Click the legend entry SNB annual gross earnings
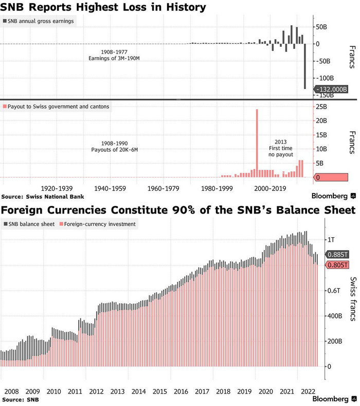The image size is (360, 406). tap(39, 21)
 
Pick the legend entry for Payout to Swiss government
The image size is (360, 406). tap(58, 107)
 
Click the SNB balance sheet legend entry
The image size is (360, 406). tap(31, 224)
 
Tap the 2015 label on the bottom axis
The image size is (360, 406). tap(159, 392)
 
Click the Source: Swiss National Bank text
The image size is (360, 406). tap(43, 197)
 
